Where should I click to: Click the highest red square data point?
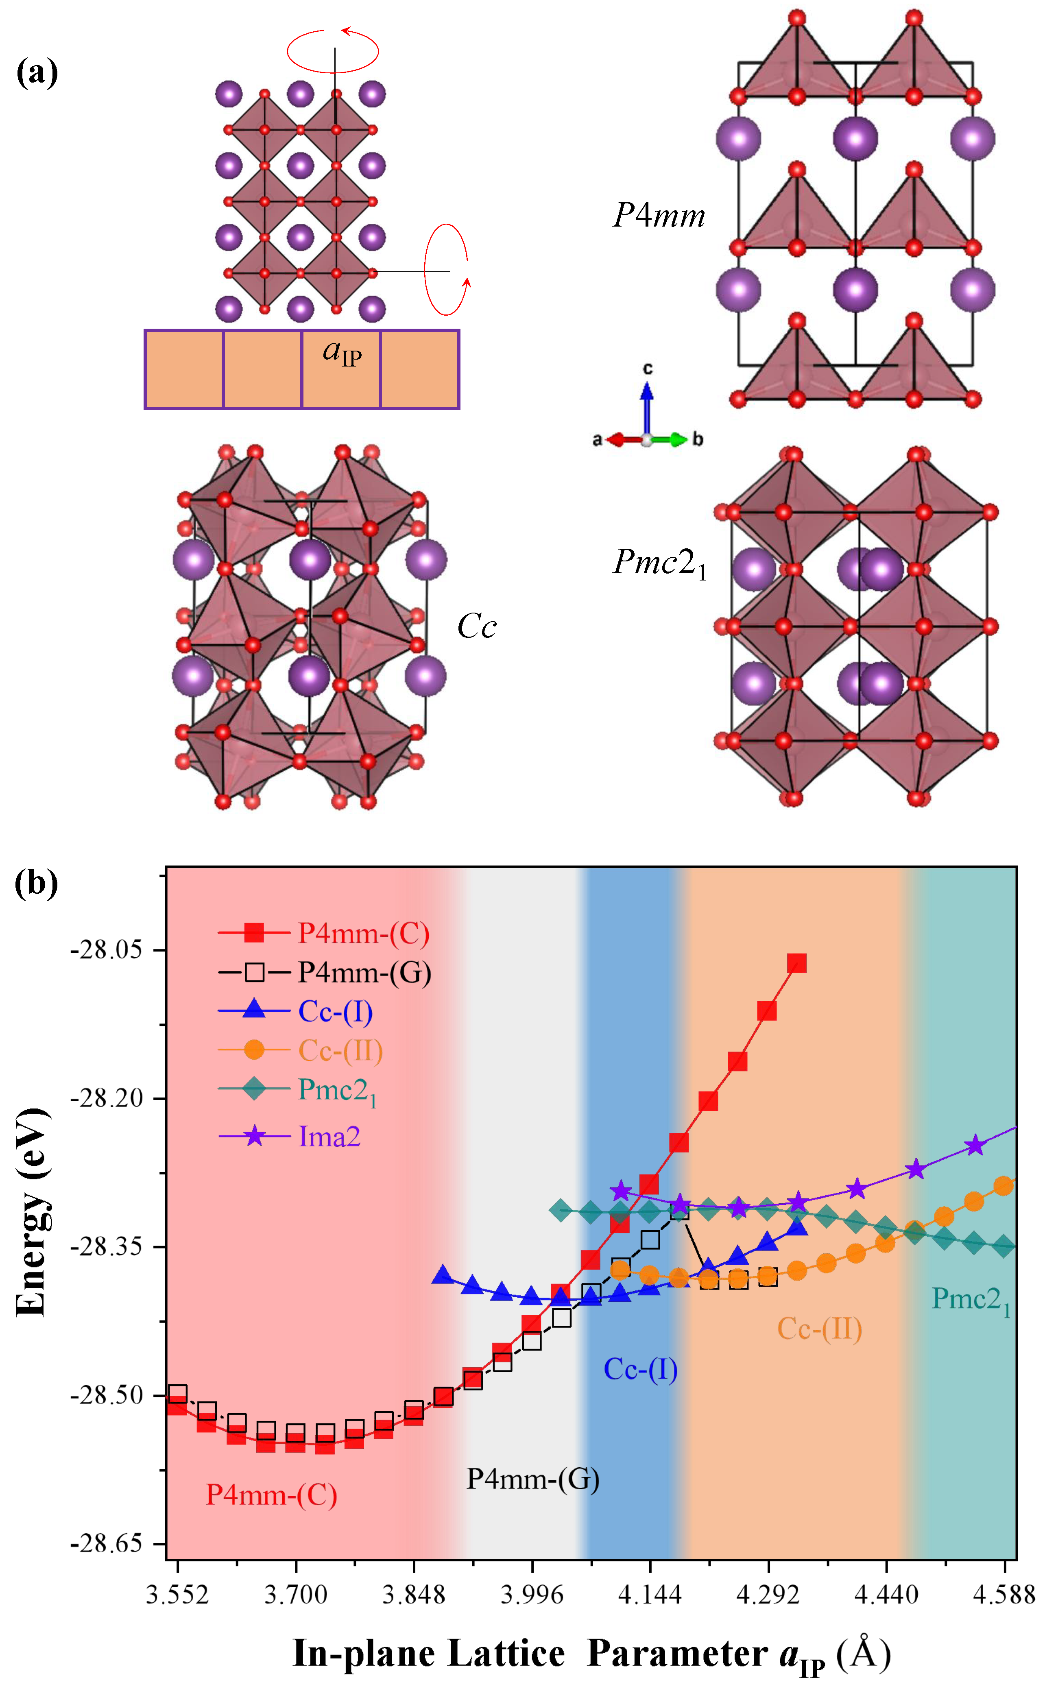797,963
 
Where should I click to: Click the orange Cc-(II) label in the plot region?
820,1328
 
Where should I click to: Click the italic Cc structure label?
477,626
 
